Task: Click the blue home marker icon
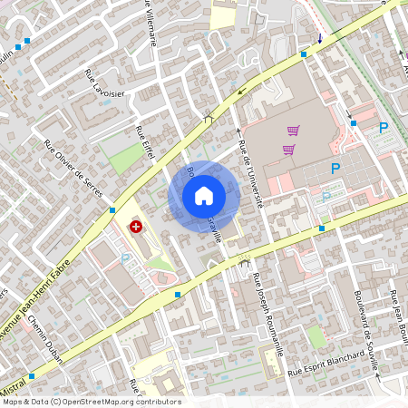tap(203, 195)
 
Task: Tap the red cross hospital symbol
tap(136, 225)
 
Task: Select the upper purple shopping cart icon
tap(293, 131)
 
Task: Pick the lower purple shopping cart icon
tap(288, 150)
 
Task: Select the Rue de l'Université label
tap(249, 176)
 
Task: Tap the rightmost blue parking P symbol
tap(384, 128)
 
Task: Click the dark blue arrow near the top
tap(319, 37)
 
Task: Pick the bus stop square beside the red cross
tap(112, 209)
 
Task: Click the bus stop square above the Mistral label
tap(32, 374)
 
